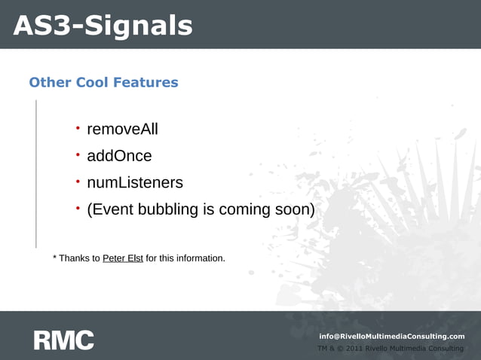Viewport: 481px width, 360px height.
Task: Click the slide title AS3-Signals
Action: click(x=103, y=26)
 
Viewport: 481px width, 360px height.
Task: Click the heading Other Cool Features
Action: click(x=103, y=82)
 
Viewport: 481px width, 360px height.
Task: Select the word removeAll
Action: click(x=122, y=130)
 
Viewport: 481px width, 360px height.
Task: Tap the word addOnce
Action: click(x=119, y=156)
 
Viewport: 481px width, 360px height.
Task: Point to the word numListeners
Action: click(x=134, y=182)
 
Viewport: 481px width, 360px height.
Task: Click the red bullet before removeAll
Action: click(x=77, y=129)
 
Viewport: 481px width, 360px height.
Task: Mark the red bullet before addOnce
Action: click(x=77, y=155)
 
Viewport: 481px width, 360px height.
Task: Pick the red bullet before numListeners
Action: click(x=77, y=182)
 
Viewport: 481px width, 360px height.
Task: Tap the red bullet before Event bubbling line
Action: click(x=77, y=209)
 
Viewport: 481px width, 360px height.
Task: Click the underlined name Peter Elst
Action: click(x=123, y=258)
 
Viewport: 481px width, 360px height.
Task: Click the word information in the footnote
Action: click(x=199, y=258)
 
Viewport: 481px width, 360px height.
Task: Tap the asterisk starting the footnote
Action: click(x=55, y=258)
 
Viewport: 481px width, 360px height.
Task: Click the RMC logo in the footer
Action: click(x=63, y=340)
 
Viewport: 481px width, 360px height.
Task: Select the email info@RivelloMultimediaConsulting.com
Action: click(x=392, y=336)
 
